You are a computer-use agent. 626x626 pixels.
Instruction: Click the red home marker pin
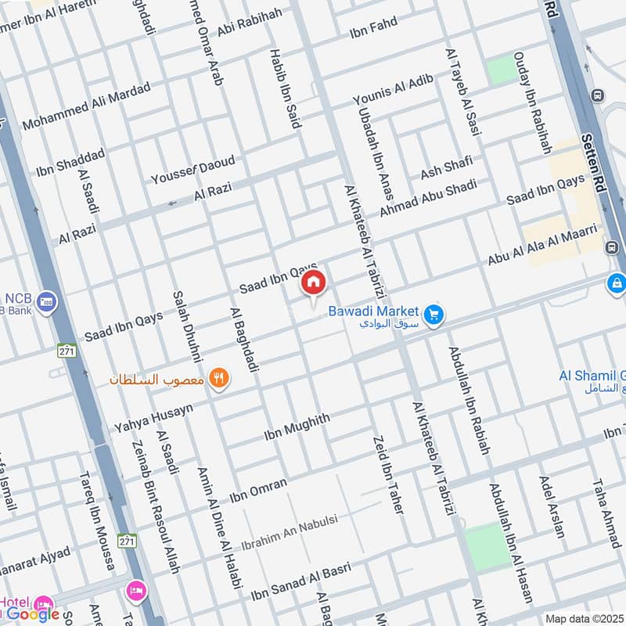click(314, 283)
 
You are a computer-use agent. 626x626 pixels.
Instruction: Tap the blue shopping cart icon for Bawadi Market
click(436, 315)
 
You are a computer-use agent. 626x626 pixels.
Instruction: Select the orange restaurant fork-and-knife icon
click(221, 380)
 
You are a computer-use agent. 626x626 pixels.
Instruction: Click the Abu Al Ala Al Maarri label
click(542, 244)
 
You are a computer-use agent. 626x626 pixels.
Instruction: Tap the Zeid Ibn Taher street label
click(388, 474)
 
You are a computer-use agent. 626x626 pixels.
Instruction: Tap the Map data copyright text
click(585, 619)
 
